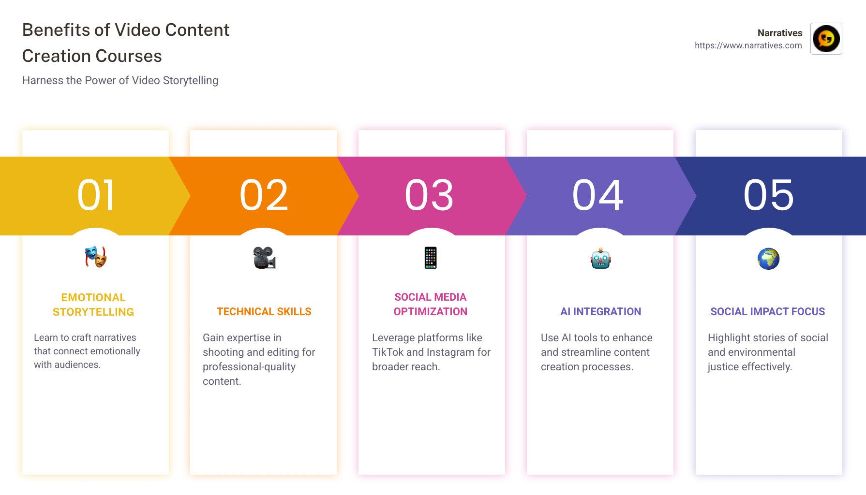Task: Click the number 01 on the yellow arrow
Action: pyautogui.click(x=96, y=195)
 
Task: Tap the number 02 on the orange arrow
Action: pyautogui.click(x=264, y=195)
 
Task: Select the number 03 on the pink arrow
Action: pyautogui.click(x=430, y=195)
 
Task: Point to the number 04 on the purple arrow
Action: pyautogui.click(x=598, y=195)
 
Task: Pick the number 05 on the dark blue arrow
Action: pyautogui.click(x=769, y=195)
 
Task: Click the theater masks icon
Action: pyautogui.click(x=96, y=257)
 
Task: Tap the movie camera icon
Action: pyautogui.click(x=264, y=258)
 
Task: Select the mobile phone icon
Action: pyautogui.click(x=431, y=258)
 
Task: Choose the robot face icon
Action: pyautogui.click(x=600, y=259)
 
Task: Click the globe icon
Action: pyautogui.click(x=768, y=259)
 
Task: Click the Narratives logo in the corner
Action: pyautogui.click(x=826, y=39)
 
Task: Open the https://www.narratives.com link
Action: pyautogui.click(x=748, y=45)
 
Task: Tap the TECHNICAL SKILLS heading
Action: pyautogui.click(x=264, y=312)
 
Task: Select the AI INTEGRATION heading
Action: pyautogui.click(x=600, y=312)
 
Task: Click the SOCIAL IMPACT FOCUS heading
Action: pyautogui.click(x=767, y=312)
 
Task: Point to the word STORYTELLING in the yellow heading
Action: pyautogui.click(x=93, y=312)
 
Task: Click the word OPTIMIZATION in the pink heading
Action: pyautogui.click(x=431, y=312)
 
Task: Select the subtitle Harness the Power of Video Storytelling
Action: pyautogui.click(x=120, y=80)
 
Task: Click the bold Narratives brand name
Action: pyautogui.click(x=779, y=33)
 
